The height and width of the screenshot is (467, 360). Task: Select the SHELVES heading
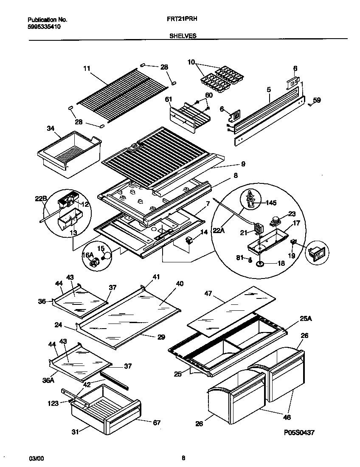coord(183,36)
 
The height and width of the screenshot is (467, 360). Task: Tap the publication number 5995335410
coord(44,26)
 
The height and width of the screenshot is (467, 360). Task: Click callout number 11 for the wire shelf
coord(87,68)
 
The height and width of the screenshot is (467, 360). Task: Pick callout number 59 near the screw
coord(317,101)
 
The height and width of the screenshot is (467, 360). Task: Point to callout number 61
coord(168,100)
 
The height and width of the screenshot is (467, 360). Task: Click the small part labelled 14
coord(189,241)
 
